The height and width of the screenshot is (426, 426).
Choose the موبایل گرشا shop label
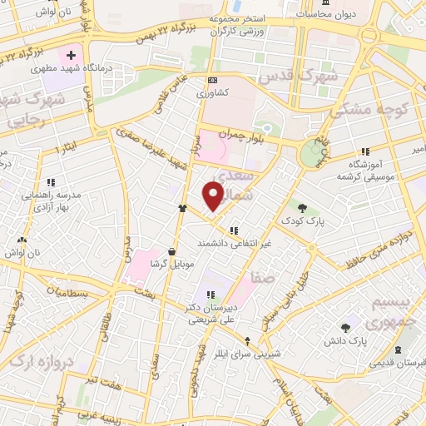[171, 264]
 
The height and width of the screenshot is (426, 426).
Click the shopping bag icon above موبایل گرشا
[171, 250]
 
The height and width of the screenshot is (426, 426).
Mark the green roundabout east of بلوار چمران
[313, 152]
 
